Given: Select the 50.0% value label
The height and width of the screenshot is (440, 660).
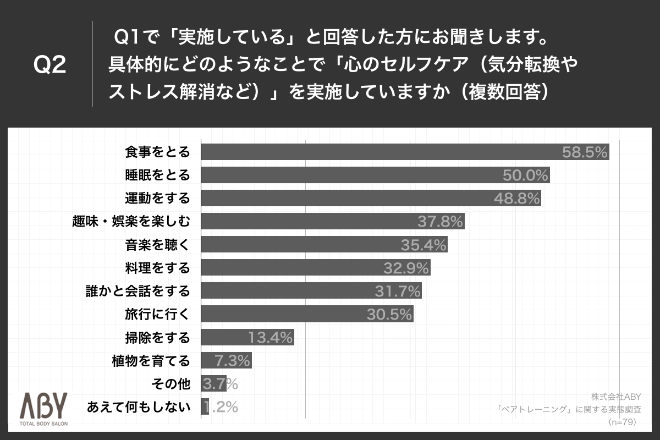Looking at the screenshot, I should (526, 175).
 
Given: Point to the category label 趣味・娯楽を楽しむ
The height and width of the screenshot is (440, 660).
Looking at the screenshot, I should (131, 222).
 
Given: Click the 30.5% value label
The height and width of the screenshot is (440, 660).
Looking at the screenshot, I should (389, 315).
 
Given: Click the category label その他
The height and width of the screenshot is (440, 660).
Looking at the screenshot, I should (170, 384).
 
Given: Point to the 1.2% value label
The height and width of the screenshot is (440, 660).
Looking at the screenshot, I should (221, 407).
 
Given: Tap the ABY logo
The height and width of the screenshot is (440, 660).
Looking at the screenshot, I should (43, 406).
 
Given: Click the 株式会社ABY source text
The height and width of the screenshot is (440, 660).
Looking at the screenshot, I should (617, 396).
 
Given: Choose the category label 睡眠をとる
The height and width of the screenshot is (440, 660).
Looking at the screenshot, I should (157, 175).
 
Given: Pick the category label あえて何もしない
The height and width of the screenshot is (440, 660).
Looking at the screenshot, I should (139, 408).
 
